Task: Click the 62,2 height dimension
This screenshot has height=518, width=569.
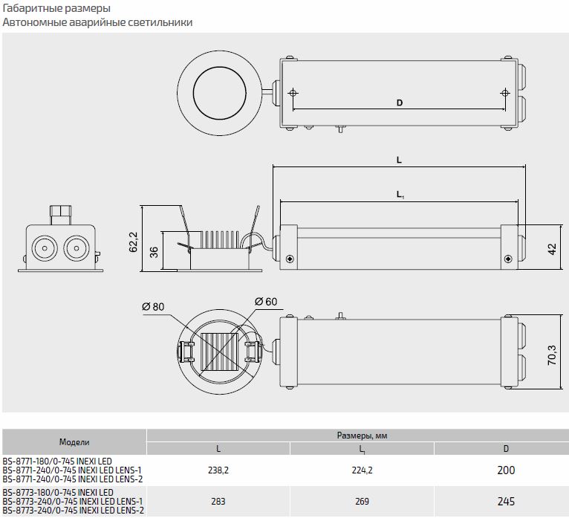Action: pos(134,242)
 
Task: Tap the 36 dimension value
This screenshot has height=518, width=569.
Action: pos(154,252)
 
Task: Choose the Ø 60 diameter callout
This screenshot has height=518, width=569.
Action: pos(266,301)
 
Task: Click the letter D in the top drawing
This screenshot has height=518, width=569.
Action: pos(399,104)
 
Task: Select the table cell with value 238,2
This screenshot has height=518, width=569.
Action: pos(218,470)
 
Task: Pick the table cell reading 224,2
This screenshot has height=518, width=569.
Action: pos(362,470)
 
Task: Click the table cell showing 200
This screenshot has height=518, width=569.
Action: pos(506,470)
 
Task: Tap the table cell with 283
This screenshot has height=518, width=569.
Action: pos(218,502)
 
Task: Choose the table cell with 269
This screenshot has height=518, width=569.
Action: pos(362,502)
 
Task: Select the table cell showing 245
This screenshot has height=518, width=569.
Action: pos(506,502)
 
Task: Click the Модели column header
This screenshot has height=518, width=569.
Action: pos(74,441)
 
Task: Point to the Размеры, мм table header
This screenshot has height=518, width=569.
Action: pos(362,436)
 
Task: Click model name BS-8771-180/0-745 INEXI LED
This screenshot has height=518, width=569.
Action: pos(58,462)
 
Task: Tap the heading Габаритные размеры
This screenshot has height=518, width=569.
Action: pos(57,9)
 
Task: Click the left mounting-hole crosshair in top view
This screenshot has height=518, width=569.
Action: pos(293,93)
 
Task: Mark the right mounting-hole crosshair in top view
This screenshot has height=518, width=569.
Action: pos(505,93)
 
